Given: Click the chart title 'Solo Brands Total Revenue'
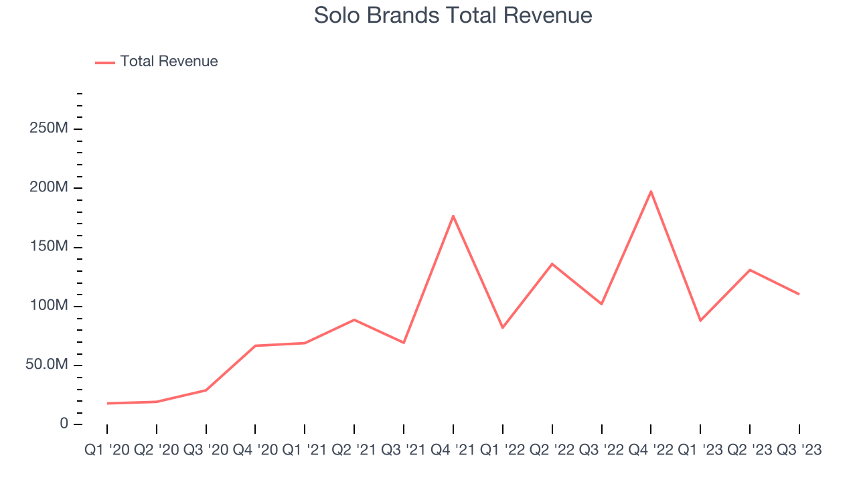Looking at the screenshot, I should [453, 15].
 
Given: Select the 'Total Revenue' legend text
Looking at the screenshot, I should [169, 62].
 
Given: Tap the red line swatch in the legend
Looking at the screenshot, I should [105, 62].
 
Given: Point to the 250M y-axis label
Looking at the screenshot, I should [48, 129].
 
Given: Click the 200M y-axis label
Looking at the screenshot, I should [48, 187].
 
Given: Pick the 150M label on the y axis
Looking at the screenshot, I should [48, 247].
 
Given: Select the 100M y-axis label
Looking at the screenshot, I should [48, 306].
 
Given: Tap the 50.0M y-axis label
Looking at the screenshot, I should [47, 365].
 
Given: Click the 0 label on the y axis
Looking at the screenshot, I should [64, 424].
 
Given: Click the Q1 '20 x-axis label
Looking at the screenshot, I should [108, 451].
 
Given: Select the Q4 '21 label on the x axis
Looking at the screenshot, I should [453, 451].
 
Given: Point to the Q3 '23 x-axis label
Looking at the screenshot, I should [798, 451].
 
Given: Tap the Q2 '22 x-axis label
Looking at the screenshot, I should [552, 451].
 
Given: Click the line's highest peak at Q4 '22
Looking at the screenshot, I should [651, 191].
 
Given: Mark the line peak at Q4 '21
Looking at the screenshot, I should [453, 216].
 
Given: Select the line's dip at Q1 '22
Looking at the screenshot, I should [503, 327].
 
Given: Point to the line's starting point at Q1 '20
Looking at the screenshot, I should [107, 403].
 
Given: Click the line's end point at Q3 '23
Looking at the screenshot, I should [799, 294].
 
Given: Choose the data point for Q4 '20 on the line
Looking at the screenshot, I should [256, 345].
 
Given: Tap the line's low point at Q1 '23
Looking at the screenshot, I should [700, 321].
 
